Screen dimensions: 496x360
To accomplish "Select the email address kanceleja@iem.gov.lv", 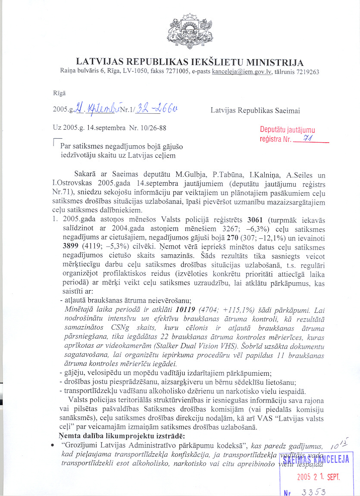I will [x=241, y=72].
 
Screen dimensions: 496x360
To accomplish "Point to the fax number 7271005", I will [x=175, y=72].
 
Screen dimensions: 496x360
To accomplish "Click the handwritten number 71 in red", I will [x=308, y=138].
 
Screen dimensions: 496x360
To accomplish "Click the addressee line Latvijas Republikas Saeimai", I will [x=255, y=110].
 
